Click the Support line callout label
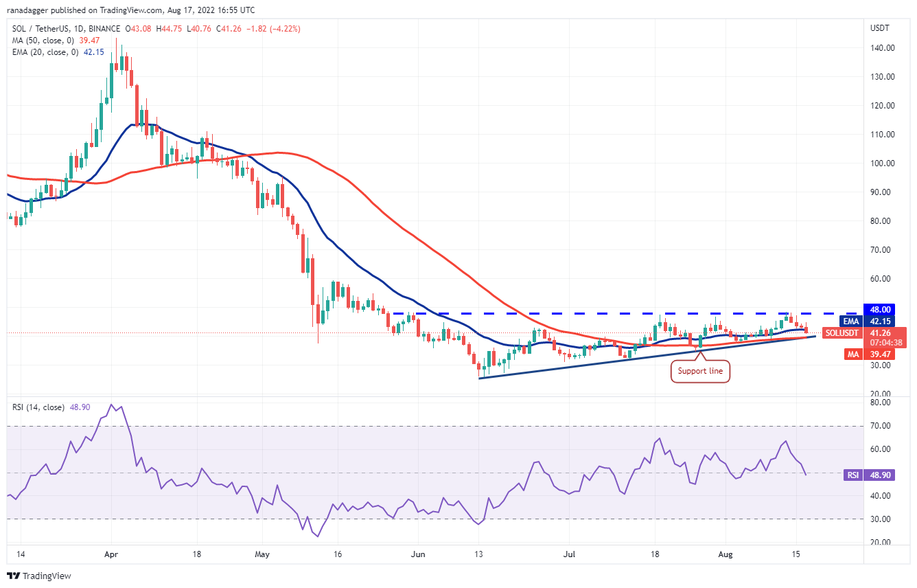click(x=700, y=372)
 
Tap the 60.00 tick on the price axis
click(x=881, y=279)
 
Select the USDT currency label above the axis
click(x=880, y=28)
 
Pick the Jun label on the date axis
click(x=416, y=553)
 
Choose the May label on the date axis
click(x=261, y=553)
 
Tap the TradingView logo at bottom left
click(x=40, y=576)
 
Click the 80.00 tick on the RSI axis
click(x=881, y=403)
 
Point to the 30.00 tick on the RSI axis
click(x=881, y=519)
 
